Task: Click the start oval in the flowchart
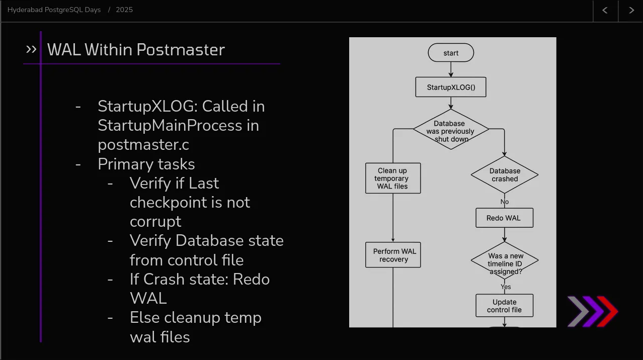451,53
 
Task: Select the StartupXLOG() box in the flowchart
451,87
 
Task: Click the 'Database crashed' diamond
505,174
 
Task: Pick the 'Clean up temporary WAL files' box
393,178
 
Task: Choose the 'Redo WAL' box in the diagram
504,218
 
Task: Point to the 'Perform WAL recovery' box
393,255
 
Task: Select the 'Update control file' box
504,306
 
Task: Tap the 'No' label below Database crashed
505,202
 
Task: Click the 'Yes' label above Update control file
506,287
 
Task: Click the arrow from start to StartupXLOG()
451,69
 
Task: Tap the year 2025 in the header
124,10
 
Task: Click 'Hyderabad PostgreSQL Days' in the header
54,10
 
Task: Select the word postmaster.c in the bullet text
143,145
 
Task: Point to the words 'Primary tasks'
146,164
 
